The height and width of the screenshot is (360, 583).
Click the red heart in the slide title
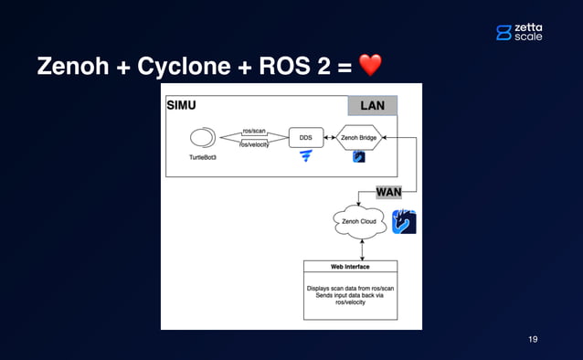click(x=369, y=66)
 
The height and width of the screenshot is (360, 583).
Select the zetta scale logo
click(x=518, y=32)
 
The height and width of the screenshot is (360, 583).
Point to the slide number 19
click(x=533, y=339)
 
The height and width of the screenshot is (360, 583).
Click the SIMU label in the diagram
click(x=181, y=105)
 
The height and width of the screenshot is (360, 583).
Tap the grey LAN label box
click(x=373, y=106)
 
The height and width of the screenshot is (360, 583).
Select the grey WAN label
click(x=389, y=192)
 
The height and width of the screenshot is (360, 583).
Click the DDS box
click(x=305, y=138)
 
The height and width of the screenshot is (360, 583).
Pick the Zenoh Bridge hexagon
click(x=358, y=138)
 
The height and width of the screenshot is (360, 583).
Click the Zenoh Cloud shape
click(x=357, y=222)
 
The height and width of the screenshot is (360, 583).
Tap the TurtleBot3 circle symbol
click(x=201, y=139)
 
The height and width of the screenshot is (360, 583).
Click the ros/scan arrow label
click(x=255, y=131)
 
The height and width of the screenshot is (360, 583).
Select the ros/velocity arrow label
click(x=255, y=145)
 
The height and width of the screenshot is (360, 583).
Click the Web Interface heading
click(x=350, y=267)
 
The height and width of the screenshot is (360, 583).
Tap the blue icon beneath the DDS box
click(x=305, y=158)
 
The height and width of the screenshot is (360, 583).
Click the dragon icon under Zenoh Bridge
click(x=359, y=157)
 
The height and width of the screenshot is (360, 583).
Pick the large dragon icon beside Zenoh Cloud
click(x=404, y=222)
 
